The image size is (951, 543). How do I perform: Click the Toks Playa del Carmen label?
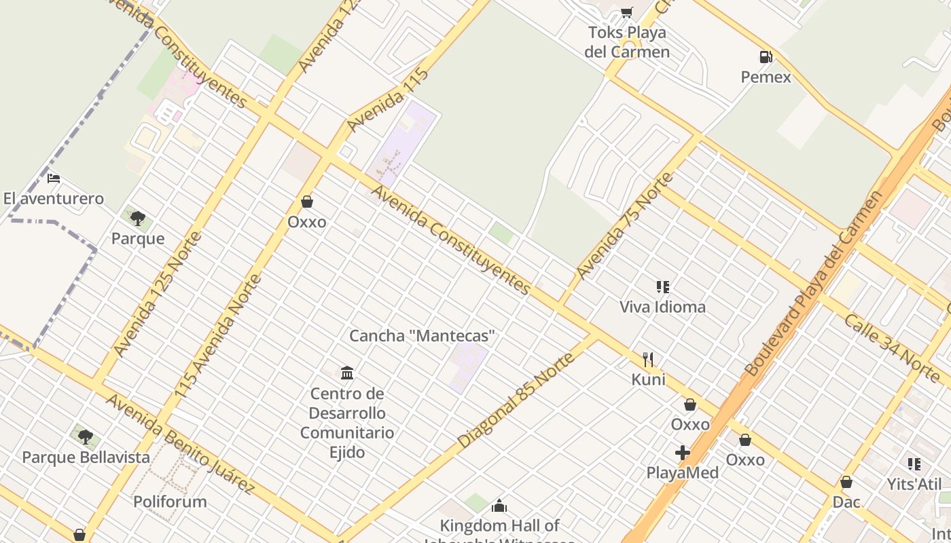627,42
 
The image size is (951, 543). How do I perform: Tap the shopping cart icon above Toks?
626,12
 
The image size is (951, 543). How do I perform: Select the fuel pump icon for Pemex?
766,57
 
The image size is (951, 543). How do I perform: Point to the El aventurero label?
54,199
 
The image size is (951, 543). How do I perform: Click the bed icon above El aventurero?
54,179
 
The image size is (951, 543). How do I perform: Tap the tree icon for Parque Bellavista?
85,437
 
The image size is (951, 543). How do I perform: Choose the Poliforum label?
170,502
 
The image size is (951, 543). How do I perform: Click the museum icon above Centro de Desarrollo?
347,373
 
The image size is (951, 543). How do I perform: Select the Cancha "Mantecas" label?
422,336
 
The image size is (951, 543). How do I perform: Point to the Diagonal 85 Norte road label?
516,400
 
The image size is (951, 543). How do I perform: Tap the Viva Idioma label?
662,307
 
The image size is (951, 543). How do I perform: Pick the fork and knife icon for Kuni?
648,359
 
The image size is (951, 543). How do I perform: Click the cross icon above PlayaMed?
683,453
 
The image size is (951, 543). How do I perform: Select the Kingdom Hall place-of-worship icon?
499,506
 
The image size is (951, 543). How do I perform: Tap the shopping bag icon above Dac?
846,482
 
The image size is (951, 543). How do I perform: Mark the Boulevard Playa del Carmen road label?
815,284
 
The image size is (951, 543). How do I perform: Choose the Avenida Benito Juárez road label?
180,444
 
